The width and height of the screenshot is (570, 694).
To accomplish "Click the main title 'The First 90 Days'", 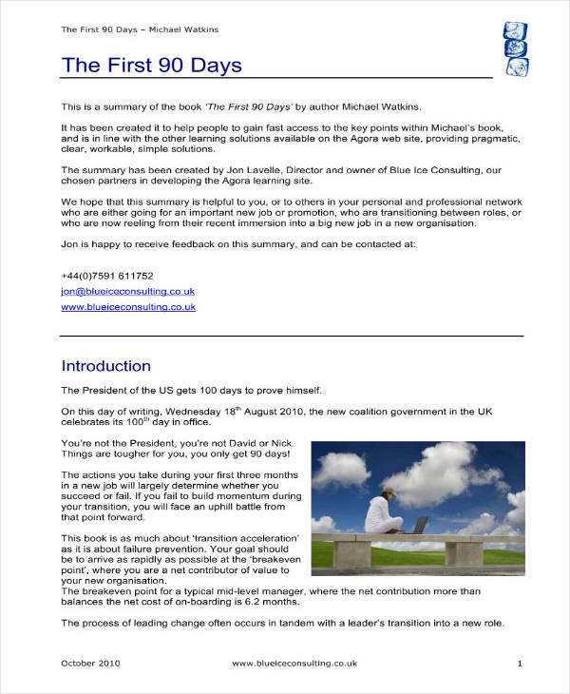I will [151, 66].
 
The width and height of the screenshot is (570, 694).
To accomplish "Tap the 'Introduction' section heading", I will [105, 366].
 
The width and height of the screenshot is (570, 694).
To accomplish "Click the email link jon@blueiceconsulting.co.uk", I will [128, 292].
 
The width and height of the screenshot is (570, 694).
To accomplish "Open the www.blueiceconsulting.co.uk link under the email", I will [128, 307].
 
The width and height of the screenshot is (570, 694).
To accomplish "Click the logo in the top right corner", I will [514, 49].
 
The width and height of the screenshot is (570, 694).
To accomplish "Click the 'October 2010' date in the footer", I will [91, 663].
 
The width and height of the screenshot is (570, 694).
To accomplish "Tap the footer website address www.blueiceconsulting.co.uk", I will [294, 663].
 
